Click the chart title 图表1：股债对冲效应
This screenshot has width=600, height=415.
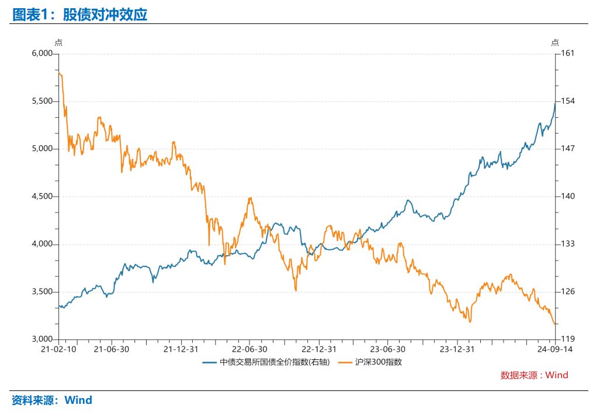[79, 15]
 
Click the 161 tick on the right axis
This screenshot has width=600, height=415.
[567, 53]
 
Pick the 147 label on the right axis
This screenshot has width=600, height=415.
[567, 149]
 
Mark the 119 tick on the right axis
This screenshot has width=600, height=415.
[567, 339]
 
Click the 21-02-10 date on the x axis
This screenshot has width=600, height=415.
[58, 349]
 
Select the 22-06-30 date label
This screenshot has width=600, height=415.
[249, 349]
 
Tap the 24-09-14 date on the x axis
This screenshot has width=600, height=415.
[555, 349]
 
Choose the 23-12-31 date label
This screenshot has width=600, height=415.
[457, 349]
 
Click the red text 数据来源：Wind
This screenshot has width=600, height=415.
[534, 375]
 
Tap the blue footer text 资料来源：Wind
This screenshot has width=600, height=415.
[52, 401]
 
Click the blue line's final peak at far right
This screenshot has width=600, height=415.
[555, 103]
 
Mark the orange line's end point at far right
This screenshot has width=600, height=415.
[554, 324]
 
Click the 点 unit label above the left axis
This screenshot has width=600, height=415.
[58, 42]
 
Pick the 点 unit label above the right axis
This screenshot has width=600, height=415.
[555, 42]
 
